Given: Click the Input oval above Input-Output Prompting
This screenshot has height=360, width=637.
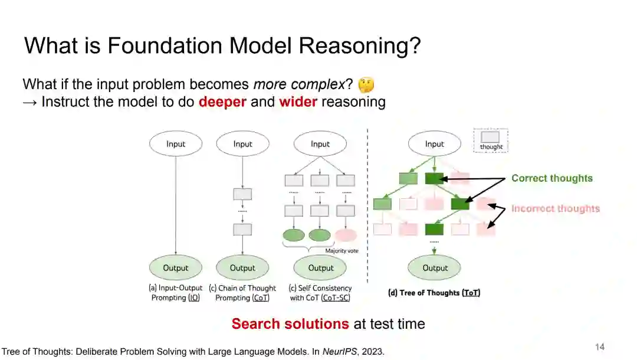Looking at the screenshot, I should pyautogui.click(x=176, y=144).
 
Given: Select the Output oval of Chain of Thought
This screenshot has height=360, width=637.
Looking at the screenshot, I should pyautogui.click(x=242, y=268).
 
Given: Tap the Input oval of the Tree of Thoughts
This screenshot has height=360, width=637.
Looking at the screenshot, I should pyautogui.click(x=435, y=144).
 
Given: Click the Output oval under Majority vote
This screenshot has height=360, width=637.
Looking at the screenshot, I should pyautogui.click(x=321, y=268).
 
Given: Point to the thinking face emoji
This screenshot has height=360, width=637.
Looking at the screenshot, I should pyautogui.click(x=366, y=86).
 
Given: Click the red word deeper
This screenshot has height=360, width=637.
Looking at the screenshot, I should pyautogui.click(x=222, y=102).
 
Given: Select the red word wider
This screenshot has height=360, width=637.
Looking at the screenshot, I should pyautogui.click(x=298, y=102).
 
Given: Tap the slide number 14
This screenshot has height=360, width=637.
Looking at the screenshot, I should pyautogui.click(x=599, y=346).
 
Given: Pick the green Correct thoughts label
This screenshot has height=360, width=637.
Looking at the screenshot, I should pyautogui.click(x=551, y=178).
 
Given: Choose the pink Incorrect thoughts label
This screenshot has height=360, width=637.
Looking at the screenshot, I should pyautogui.click(x=555, y=208).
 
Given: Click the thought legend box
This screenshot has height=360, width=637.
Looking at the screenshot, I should pyautogui.click(x=491, y=141).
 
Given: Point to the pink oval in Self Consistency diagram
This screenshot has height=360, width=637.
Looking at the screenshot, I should pyautogui.click(x=346, y=235).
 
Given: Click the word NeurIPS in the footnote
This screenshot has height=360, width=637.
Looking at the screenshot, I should pyautogui.click(x=339, y=352).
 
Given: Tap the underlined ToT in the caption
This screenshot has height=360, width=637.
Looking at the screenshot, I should pyautogui.click(x=471, y=293).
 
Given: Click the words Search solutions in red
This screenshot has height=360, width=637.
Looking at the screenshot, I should pyautogui.click(x=290, y=324).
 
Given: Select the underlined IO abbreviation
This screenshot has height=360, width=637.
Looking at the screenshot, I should pyautogui.click(x=193, y=298).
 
